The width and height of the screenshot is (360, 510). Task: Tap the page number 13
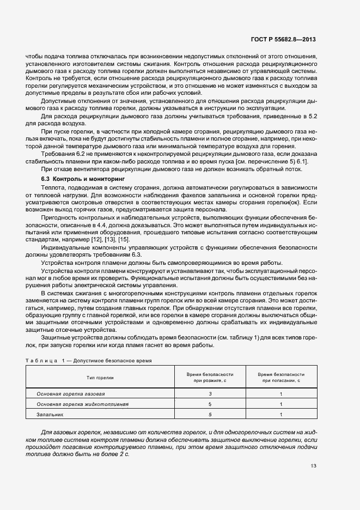(313, 466)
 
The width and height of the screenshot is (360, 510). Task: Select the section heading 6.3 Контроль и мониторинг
(83, 179)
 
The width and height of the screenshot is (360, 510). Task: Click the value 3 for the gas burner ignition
(210, 393)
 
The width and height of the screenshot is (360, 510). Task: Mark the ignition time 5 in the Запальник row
(210, 414)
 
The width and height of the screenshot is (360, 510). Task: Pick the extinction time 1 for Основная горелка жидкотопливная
(280, 404)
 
